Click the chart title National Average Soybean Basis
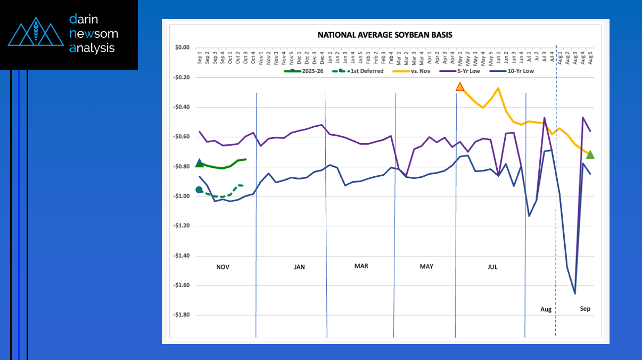pos(385,35)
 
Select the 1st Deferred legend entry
pos(365,71)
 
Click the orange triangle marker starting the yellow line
pos(460,87)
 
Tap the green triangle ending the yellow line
pos(590,154)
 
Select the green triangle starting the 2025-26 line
pos(200,163)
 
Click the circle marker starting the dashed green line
pos(199,190)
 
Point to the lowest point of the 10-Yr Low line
pos(575,293)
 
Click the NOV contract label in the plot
pos(223,267)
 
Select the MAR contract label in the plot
pos(361,266)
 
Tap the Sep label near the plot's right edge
pos(585,309)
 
